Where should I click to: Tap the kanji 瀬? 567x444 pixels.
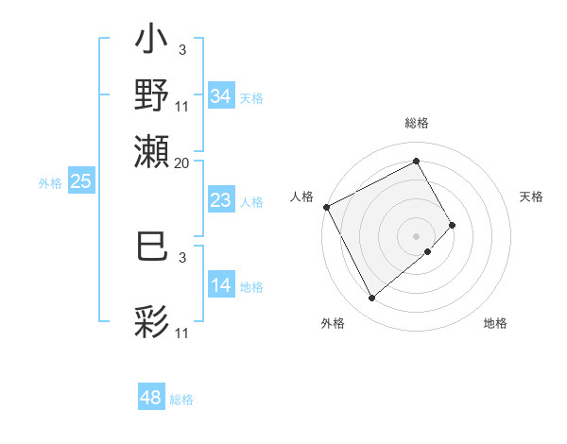click(152, 151)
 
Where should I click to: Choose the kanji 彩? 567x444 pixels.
click(152, 321)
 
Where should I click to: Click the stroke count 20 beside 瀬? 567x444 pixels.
click(182, 162)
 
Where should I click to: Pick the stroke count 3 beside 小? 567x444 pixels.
click(181, 49)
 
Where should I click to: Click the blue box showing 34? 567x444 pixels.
click(220, 95)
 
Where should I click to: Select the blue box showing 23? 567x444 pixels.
click(220, 200)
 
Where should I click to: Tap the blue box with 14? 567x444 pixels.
click(220, 285)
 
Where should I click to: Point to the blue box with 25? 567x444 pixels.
click(80, 181)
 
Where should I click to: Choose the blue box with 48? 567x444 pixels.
click(151, 398)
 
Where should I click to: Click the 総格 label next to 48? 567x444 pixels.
click(181, 400)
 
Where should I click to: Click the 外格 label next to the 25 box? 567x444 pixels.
click(49, 183)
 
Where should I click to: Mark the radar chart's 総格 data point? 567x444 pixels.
click(416, 161)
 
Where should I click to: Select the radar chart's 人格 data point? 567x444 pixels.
click(326, 207)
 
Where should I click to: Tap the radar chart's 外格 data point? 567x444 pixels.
click(371, 299)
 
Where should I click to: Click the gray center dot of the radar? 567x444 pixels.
click(416, 235)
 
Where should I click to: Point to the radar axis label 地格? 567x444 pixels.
click(495, 323)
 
